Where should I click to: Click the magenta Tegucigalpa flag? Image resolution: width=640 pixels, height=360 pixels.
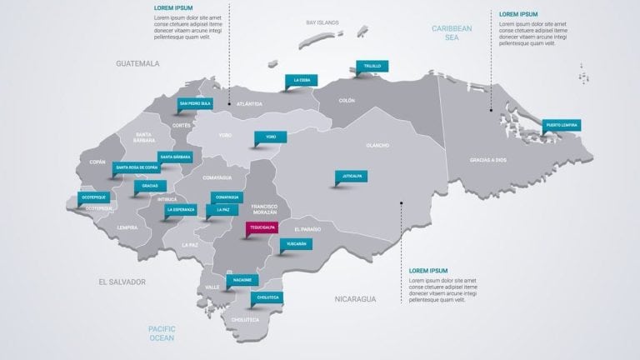257,227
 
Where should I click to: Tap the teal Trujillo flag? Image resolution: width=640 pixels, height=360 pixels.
372,66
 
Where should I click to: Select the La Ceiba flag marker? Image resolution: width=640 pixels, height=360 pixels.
302,81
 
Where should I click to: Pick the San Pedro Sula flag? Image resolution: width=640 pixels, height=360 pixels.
195,104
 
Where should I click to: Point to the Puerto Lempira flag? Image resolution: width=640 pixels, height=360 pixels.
561,125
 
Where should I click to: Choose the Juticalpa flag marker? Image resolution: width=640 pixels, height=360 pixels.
350,176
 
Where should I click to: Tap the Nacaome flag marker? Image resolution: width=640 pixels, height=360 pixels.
242,280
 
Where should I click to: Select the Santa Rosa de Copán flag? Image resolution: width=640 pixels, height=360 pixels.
137,167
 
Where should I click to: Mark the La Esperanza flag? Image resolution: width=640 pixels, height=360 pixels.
182,210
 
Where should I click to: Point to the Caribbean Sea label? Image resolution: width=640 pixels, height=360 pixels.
452,32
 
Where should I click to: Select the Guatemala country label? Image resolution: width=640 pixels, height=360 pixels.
137,62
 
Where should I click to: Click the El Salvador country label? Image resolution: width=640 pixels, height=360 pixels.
122,282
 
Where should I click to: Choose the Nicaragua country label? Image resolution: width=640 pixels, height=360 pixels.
356,297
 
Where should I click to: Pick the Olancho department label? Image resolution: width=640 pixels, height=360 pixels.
377,145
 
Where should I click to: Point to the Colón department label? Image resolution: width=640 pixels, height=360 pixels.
347,101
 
